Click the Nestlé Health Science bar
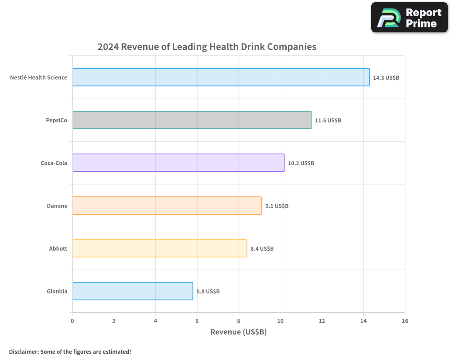coord(220,77)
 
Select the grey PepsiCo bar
coord(192,120)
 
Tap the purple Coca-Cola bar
coord(178,163)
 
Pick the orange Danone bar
coord(166,206)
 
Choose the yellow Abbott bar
coord(159,248)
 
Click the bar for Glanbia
coord(132,291)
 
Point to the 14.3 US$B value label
coord(386,78)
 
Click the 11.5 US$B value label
coord(328,121)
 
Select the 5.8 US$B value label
coord(208,292)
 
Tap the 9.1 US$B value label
coord(277,206)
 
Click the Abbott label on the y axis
coord(58,248)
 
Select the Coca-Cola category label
coord(54,163)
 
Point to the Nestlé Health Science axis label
coord(39,77)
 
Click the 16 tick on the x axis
coord(405,321)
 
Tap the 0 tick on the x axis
coord(72,321)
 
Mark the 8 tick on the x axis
coord(238,321)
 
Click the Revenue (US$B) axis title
coord(238,332)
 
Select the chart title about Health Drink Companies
coord(207,47)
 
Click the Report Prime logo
coord(409,18)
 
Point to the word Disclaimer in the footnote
coord(23,351)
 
